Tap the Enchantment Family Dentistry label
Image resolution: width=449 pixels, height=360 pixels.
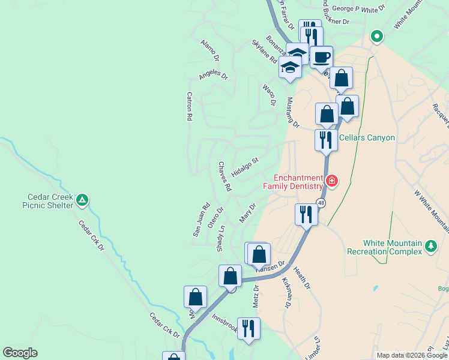pos(294,182)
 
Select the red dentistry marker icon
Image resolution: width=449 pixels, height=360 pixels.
pos(331,181)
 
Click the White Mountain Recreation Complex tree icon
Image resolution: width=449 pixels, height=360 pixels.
pos(430,245)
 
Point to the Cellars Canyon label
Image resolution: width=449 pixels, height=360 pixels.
pos(367,138)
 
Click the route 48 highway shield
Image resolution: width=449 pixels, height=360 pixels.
pos(322,203)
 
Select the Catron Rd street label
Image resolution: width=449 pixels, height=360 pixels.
pos(189,106)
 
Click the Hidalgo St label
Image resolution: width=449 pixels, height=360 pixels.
pos(245,168)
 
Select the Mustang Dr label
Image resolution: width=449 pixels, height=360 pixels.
pos(293,112)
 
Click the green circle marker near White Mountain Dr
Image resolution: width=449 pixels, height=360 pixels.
pos(376,37)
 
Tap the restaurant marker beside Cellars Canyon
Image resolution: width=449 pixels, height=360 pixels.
pos(326,140)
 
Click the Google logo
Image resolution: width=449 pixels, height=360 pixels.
pos(20,353)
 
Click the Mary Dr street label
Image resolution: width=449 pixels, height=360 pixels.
pos(247,213)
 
